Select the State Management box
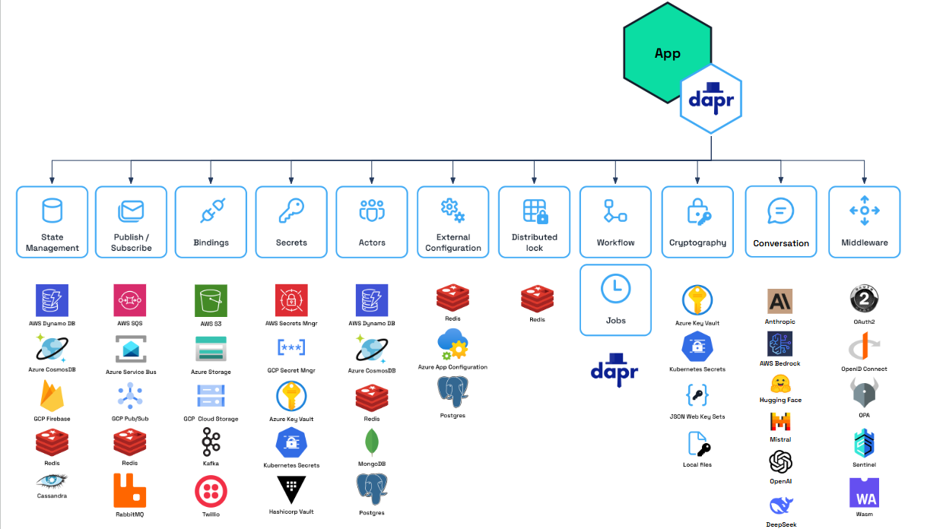tap(52, 222)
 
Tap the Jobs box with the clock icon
tap(616, 299)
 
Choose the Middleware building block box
tap(864, 222)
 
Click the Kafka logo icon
tap(211, 442)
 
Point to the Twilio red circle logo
tap(211, 491)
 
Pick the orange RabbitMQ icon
tap(129, 490)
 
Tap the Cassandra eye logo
tap(52, 480)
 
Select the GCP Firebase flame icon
tap(52, 397)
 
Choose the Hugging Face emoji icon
tap(780, 384)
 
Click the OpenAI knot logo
tap(781, 461)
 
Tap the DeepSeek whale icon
tap(780, 505)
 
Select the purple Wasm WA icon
tap(864, 493)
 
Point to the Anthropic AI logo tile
tap(780, 302)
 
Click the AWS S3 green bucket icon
tap(211, 300)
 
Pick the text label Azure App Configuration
tap(452, 367)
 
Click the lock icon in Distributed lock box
tap(542, 218)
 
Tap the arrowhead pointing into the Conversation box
tap(781, 180)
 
